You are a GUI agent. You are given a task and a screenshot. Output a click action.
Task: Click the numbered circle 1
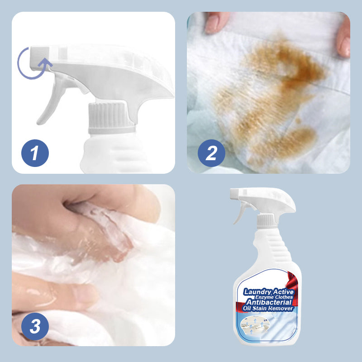tap(35, 153)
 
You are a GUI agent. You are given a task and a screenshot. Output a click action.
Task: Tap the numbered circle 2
tap(211, 153)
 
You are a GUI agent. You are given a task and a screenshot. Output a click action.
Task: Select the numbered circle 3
tap(35, 326)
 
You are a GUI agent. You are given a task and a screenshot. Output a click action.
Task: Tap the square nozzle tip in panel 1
tap(40, 58)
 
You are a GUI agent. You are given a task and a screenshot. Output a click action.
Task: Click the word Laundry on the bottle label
tap(257, 292)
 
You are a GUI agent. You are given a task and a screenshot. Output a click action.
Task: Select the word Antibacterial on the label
tap(269, 302)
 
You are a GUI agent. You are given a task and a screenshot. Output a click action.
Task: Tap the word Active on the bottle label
tap(283, 291)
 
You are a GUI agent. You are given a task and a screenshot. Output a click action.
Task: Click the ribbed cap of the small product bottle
tap(266, 221)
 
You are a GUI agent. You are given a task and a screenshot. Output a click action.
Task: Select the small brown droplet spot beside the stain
tap(298, 120)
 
